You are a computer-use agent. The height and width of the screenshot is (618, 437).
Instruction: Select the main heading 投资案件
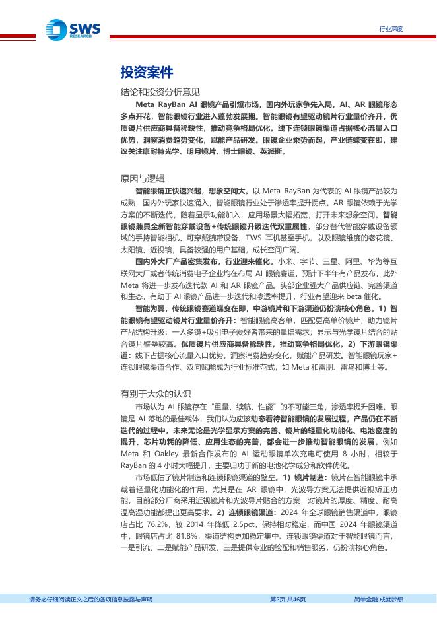click(x=147, y=71)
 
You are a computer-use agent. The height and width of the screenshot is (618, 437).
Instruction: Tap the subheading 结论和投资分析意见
click(x=160, y=92)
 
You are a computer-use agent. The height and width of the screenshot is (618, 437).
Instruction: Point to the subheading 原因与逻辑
click(x=143, y=178)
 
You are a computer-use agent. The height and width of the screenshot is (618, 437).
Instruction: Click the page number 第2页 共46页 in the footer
click(x=288, y=599)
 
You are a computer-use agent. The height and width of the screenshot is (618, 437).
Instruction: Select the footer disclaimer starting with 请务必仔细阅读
click(x=91, y=599)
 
